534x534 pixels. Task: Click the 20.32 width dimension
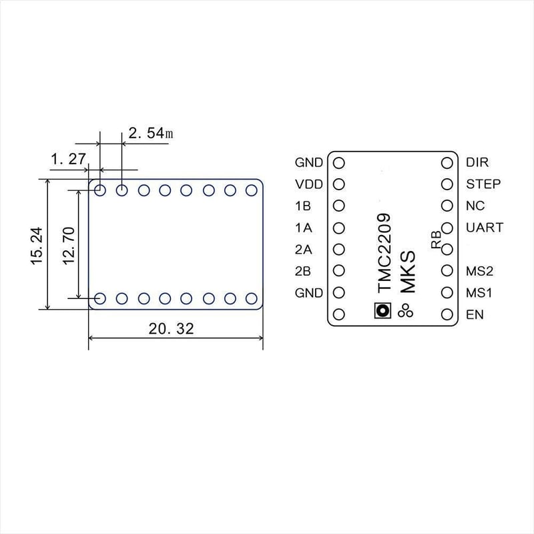click(172, 328)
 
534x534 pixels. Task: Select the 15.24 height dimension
click(37, 245)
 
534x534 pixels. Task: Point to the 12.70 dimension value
click(69, 245)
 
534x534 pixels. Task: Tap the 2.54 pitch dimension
click(151, 133)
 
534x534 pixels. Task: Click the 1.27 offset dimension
click(68, 159)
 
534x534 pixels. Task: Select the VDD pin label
click(309, 184)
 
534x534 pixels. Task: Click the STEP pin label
click(483, 184)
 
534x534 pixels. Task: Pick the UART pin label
click(485, 228)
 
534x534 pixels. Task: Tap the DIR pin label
click(477, 162)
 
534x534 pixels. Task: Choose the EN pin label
click(475, 314)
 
